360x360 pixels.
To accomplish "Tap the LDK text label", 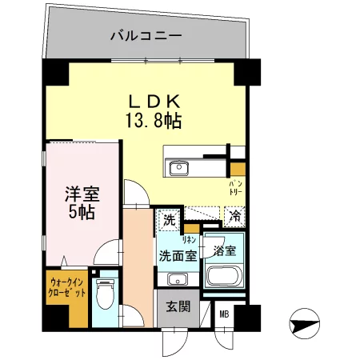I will pyautogui.click(x=155, y=102).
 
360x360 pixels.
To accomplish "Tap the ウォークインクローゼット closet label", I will pyautogui.click(x=64, y=287).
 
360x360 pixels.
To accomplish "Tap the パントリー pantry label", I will pyautogui.click(x=238, y=188).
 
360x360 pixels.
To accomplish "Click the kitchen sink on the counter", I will pyautogui.click(x=178, y=168).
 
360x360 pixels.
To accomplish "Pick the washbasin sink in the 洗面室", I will pyautogui.click(x=178, y=278).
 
